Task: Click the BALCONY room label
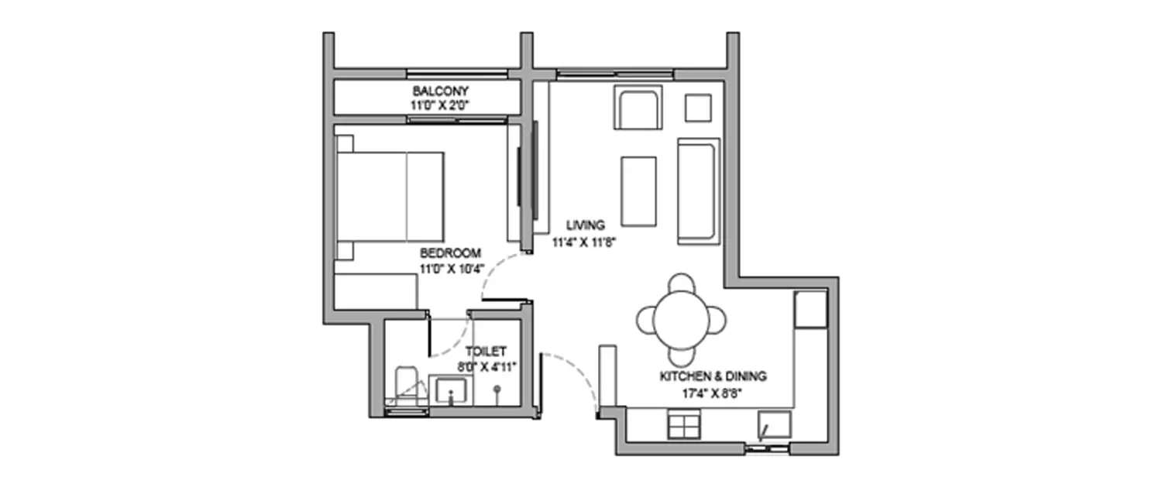440,91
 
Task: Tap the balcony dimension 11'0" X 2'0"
440,104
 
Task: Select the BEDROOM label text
450,253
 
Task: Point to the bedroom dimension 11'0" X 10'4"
450,268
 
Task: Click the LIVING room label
585,225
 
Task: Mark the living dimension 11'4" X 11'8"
585,241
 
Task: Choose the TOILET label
486,351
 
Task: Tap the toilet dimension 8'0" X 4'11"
486,366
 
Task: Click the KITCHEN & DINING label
713,376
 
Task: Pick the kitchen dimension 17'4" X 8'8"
713,392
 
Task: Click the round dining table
682,318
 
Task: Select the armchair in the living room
638,108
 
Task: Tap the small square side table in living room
698,108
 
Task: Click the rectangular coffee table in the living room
639,191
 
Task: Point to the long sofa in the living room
699,191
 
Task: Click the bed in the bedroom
389,197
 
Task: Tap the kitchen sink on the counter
774,425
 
